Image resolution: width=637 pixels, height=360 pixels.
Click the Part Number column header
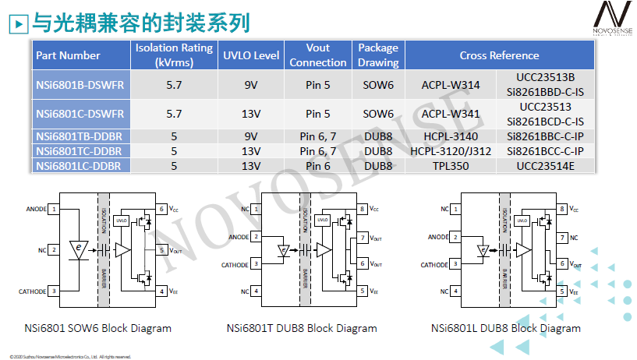(69, 55)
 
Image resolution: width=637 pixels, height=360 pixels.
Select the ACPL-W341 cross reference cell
(451, 113)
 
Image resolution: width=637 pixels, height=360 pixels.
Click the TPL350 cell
(451, 165)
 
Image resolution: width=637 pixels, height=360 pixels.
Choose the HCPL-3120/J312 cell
(451, 150)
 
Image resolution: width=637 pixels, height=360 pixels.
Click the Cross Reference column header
(499, 55)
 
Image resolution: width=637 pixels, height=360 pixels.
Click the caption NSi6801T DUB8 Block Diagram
(302, 328)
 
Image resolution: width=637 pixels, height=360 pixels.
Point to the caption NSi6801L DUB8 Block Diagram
(506, 328)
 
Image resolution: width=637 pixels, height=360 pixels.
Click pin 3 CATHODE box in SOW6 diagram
(54, 291)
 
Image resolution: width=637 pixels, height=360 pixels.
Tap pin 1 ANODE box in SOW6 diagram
(54, 209)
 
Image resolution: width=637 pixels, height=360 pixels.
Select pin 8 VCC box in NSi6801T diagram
(363, 209)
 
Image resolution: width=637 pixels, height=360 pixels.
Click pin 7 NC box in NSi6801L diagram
(562, 237)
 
